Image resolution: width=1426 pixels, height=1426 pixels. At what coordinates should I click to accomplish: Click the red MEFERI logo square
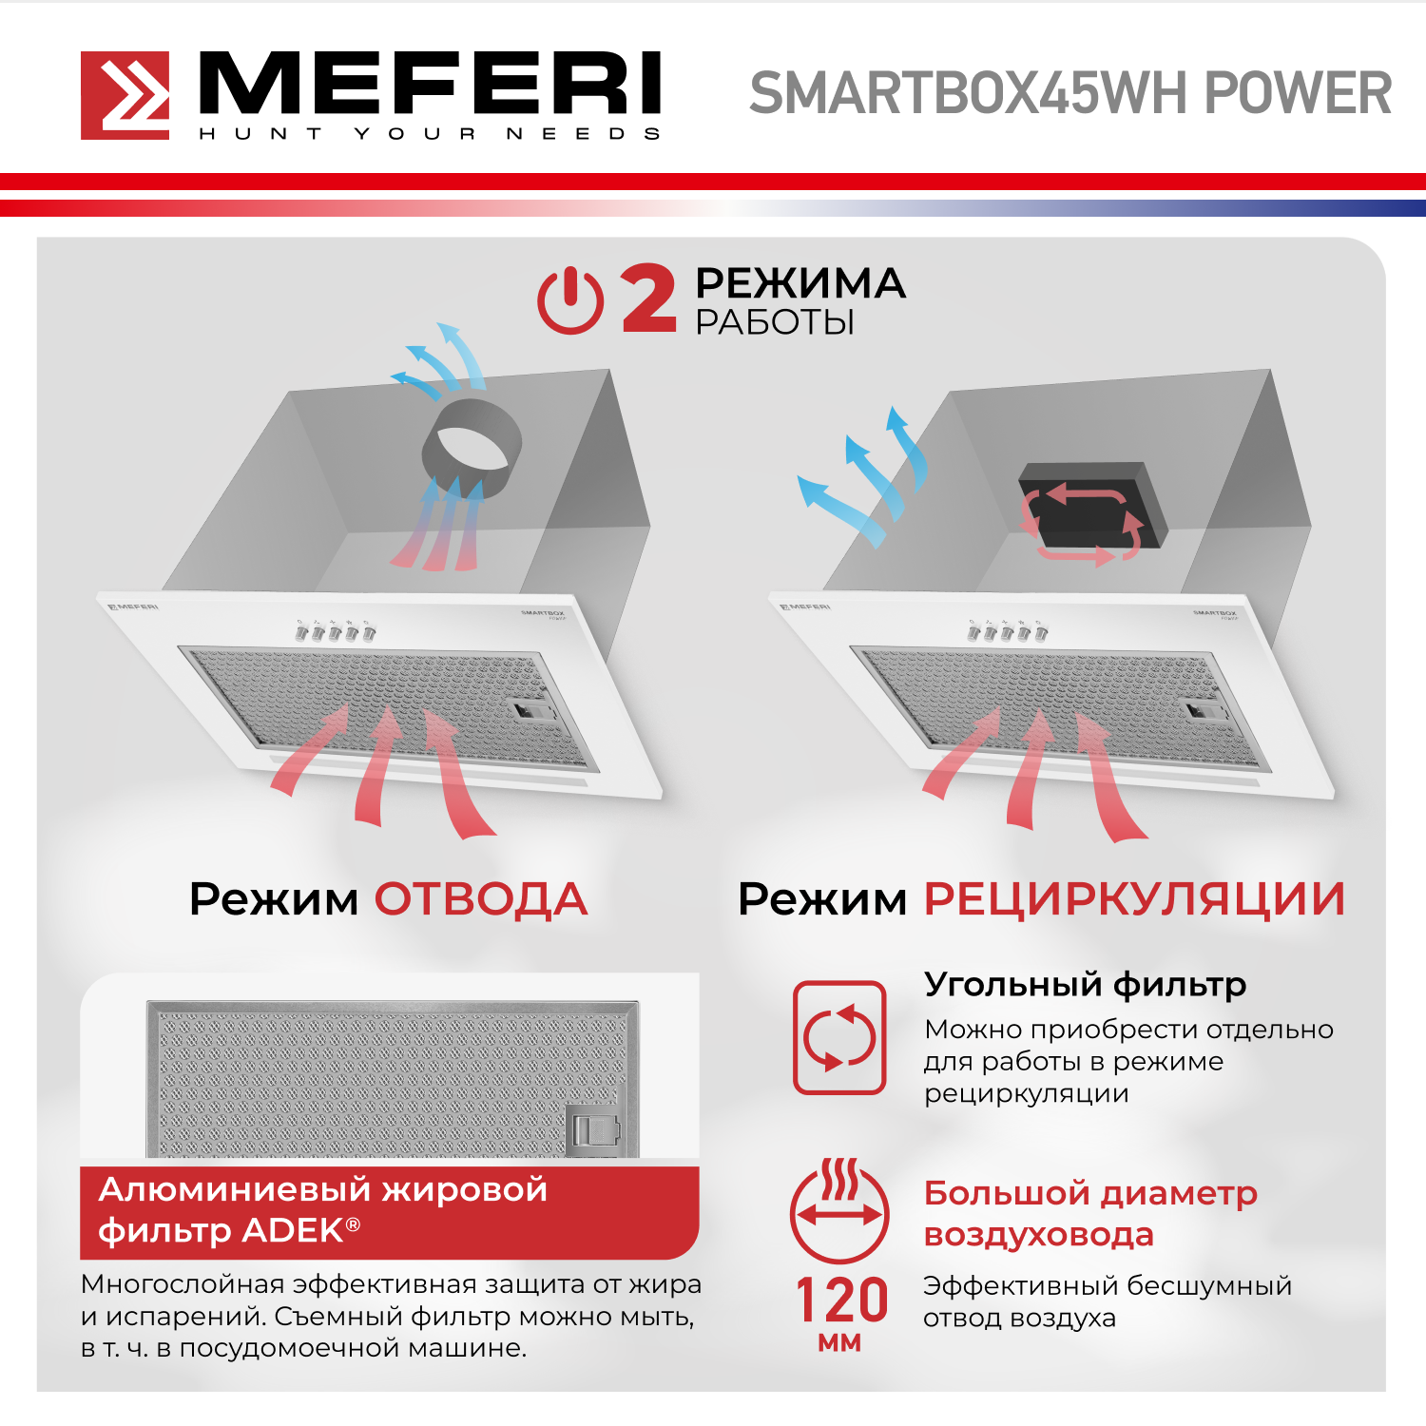pos(125,95)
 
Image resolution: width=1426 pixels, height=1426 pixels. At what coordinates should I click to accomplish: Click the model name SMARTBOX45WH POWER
pos(1070,93)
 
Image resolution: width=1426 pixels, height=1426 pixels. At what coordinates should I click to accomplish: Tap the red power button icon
pos(570,300)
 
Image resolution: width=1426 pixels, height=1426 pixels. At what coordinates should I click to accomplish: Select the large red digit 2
pos(648,299)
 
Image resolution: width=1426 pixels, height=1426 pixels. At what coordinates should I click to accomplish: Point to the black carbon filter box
pos(1092,508)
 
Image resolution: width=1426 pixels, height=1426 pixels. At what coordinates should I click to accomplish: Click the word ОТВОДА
pos(481,899)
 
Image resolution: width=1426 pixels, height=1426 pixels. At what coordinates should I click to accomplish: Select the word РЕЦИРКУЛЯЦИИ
pos(1135,900)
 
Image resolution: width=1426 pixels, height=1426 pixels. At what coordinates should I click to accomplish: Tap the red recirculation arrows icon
pos(840,1037)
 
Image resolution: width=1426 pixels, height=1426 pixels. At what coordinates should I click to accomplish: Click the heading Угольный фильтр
pos(1085,986)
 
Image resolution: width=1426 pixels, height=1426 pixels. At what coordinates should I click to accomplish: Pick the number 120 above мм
pos(841,1301)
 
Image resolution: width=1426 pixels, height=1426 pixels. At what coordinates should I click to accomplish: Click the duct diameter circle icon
pos(839,1210)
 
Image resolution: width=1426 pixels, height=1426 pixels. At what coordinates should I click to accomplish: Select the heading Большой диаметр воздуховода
pos(1090,1213)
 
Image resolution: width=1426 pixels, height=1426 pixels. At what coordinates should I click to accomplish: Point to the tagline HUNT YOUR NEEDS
pos(430,134)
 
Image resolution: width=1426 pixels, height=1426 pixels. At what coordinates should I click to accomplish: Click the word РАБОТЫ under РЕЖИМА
pos(775,323)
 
